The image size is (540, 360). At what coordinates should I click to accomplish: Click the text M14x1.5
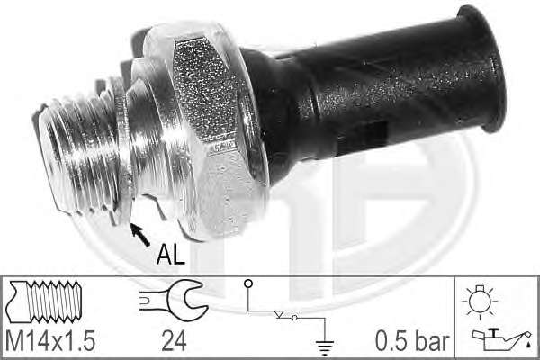pyautogui.click(x=50, y=341)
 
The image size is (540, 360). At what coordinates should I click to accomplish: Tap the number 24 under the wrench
pyautogui.click(x=175, y=341)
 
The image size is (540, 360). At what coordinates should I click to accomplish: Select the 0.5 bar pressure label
pyautogui.click(x=412, y=341)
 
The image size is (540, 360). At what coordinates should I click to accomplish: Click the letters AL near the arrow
pyautogui.click(x=171, y=255)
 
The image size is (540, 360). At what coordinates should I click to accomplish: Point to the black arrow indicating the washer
pyautogui.click(x=139, y=235)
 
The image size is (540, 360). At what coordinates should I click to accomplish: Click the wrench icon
pyautogui.click(x=174, y=300)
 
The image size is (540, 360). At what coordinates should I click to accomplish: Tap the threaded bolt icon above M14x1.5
pyautogui.click(x=44, y=301)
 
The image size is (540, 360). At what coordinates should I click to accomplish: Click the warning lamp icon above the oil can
pyautogui.click(x=480, y=301)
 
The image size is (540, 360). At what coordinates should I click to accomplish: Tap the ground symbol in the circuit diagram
pyautogui.click(x=324, y=347)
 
